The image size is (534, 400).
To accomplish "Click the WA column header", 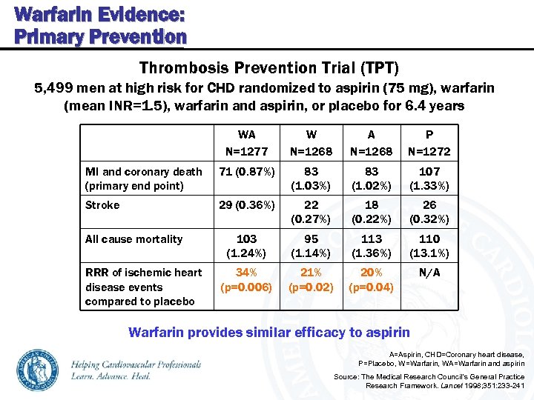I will click(x=246, y=135).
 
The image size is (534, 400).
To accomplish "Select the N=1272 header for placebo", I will click(x=429, y=152).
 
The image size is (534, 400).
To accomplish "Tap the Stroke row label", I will click(x=102, y=205).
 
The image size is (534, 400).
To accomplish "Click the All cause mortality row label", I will click(x=133, y=239).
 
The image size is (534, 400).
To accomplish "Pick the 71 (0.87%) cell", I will click(x=246, y=172).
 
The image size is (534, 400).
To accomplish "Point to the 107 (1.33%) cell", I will click(x=429, y=179).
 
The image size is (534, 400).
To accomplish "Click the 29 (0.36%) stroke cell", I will click(x=246, y=205).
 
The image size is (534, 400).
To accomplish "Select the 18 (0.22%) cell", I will click(x=371, y=212).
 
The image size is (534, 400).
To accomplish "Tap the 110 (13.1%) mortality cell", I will click(x=429, y=246).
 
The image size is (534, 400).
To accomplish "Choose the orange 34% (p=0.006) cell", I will click(x=246, y=279).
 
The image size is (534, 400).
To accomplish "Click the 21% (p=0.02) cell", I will click(x=311, y=279).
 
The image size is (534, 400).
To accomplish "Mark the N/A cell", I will click(x=429, y=273).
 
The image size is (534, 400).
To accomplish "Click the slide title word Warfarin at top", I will click(x=44, y=14).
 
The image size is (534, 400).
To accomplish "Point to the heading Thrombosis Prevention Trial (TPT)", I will click(x=268, y=69).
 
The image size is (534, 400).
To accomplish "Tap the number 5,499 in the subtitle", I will click(x=54, y=89).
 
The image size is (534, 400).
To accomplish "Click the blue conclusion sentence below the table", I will click(x=268, y=332).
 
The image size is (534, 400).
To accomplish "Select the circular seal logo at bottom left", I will click(x=41, y=370).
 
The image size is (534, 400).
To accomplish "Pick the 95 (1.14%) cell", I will click(x=311, y=246).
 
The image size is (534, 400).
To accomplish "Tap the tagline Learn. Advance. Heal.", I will click(x=111, y=376).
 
